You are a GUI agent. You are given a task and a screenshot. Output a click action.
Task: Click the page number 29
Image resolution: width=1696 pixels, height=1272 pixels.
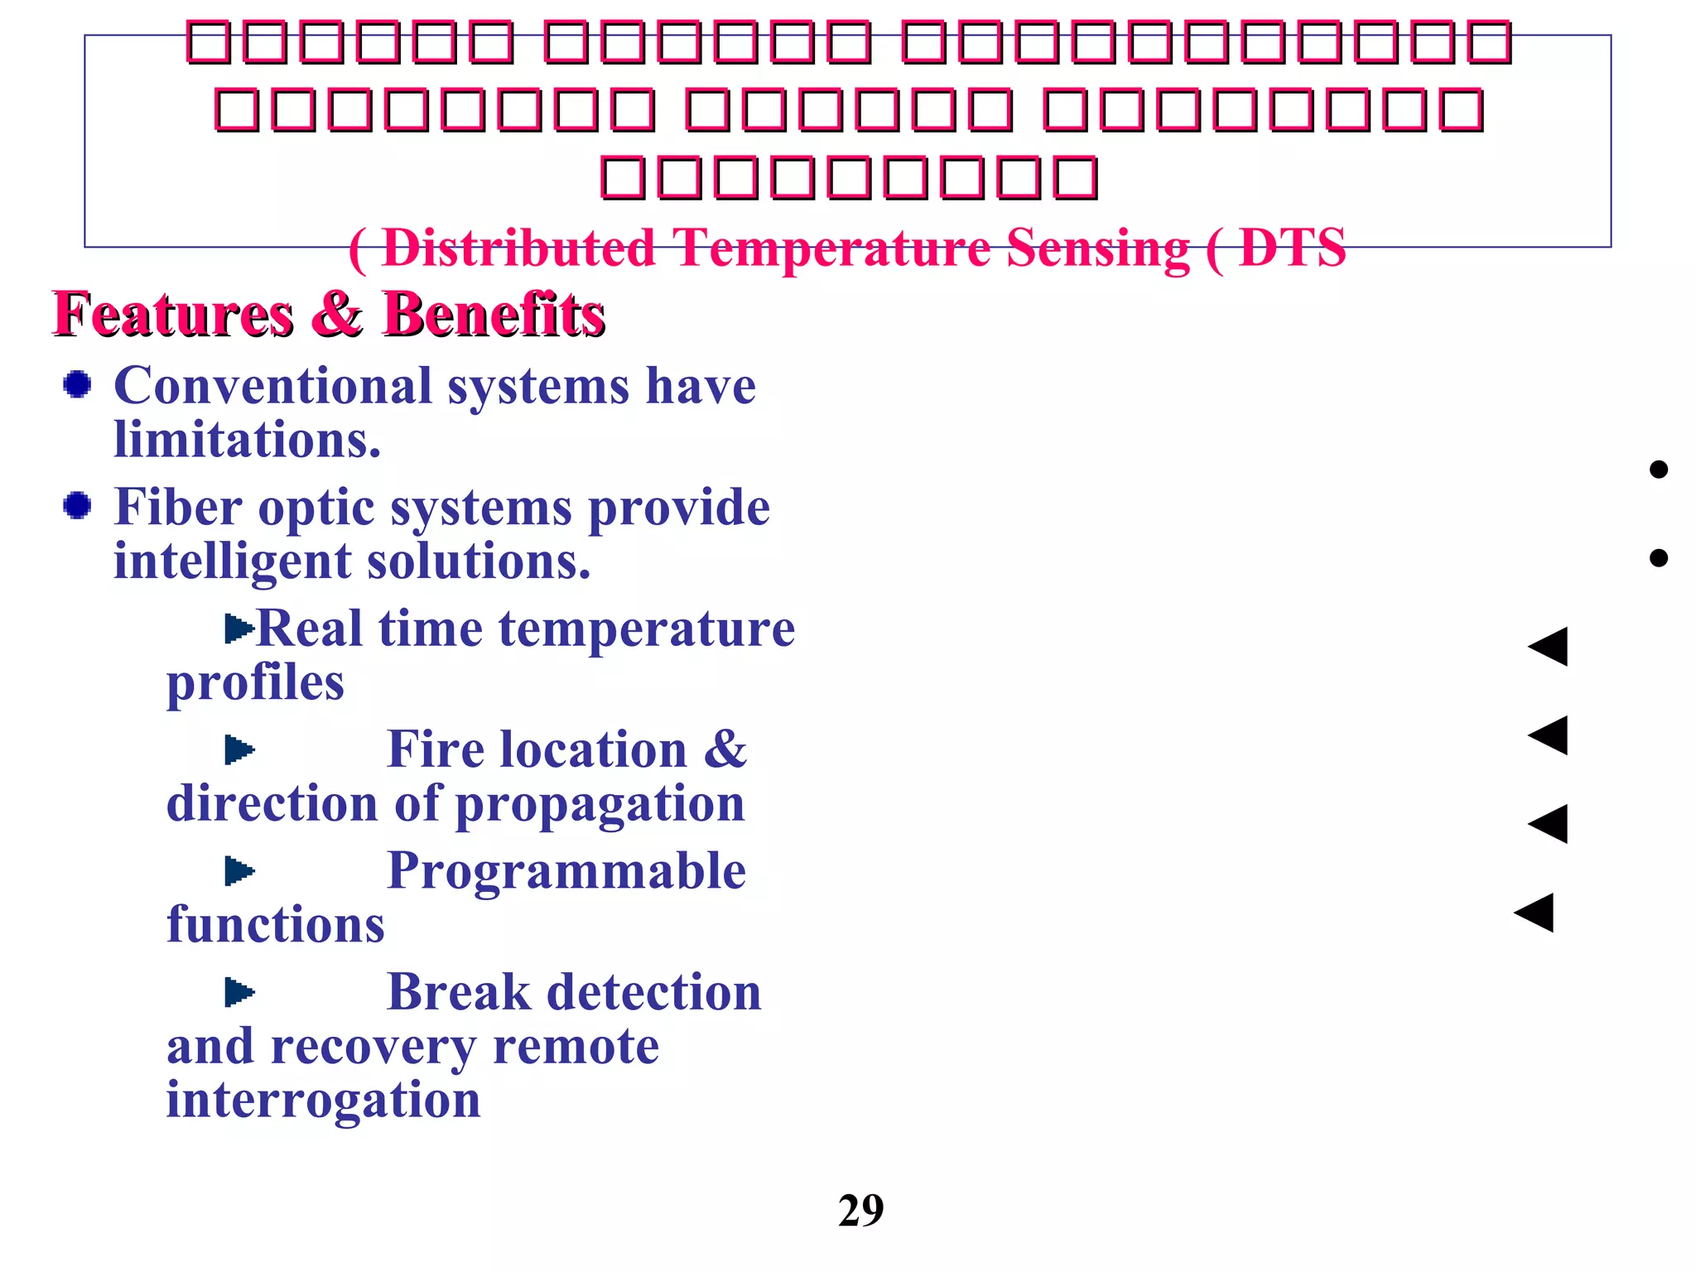pyautogui.click(x=860, y=1211)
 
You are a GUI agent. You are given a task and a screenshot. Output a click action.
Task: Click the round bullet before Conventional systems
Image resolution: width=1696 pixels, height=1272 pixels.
pyautogui.click(x=78, y=385)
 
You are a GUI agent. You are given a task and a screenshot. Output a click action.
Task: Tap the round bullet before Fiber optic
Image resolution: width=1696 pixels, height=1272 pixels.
pyautogui.click(x=78, y=505)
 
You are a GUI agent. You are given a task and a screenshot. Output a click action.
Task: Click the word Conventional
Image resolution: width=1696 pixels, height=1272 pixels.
pyautogui.click(x=273, y=386)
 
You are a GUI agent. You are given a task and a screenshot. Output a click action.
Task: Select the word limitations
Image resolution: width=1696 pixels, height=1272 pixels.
pyautogui.click(x=247, y=439)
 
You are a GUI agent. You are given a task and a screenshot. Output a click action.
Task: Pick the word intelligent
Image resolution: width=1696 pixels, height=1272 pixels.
pyautogui.click(x=233, y=561)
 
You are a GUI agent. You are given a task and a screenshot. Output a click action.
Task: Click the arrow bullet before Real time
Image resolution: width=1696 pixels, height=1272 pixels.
pyautogui.click(x=239, y=629)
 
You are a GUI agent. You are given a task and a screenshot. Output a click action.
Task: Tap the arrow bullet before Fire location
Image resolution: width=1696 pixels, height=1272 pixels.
pyautogui.click(x=239, y=750)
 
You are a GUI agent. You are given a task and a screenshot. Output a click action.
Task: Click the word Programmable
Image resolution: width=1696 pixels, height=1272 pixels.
pyautogui.click(x=566, y=871)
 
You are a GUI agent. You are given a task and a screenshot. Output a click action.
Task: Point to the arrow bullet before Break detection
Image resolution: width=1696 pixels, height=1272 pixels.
pyautogui.click(x=239, y=992)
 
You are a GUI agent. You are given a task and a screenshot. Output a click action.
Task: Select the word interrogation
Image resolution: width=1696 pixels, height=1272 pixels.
pyautogui.click(x=323, y=1101)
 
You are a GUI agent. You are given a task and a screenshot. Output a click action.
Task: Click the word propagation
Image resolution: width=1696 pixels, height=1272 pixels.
pyautogui.click(x=600, y=804)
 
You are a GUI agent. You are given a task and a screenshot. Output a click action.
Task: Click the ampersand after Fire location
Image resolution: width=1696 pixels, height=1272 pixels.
pyautogui.click(x=725, y=749)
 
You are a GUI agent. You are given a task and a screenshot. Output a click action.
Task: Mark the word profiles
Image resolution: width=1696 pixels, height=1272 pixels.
pyautogui.click(x=255, y=683)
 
